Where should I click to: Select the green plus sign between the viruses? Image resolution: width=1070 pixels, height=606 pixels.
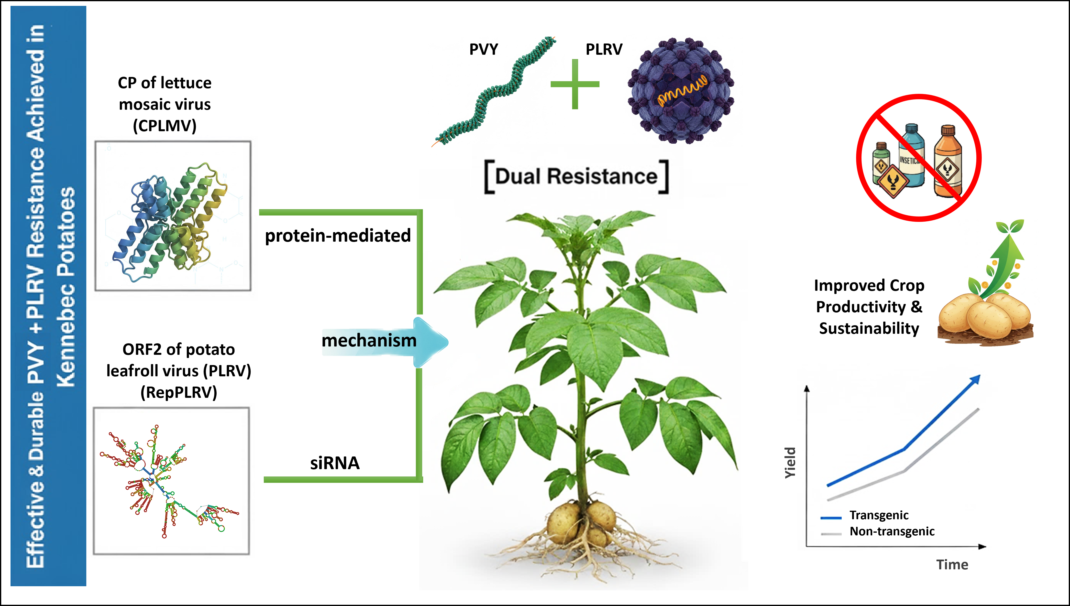pyautogui.click(x=575, y=84)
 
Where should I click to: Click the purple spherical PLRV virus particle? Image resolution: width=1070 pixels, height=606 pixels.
pyautogui.click(x=681, y=91)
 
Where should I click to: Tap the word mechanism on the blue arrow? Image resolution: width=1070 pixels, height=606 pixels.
pyautogui.click(x=369, y=340)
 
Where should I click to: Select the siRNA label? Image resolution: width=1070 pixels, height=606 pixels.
pyautogui.click(x=335, y=463)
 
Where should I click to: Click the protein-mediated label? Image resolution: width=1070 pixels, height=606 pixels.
pyautogui.click(x=338, y=236)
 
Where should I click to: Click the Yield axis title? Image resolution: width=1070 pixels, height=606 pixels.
pyautogui.click(x=790, y=463)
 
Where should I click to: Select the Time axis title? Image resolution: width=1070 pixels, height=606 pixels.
pyautogui.click(x=952, y=565)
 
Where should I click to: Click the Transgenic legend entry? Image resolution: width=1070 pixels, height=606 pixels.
pyautogui.click(x=864, y=515)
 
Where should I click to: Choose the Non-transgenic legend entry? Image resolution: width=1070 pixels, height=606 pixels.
pyautogui.click(x=878, y=531)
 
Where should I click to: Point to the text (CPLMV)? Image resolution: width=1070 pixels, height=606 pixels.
pyautogui.click(x=165, y=126)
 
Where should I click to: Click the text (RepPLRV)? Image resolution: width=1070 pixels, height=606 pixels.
pyautogui.click(x=179, y=392)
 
